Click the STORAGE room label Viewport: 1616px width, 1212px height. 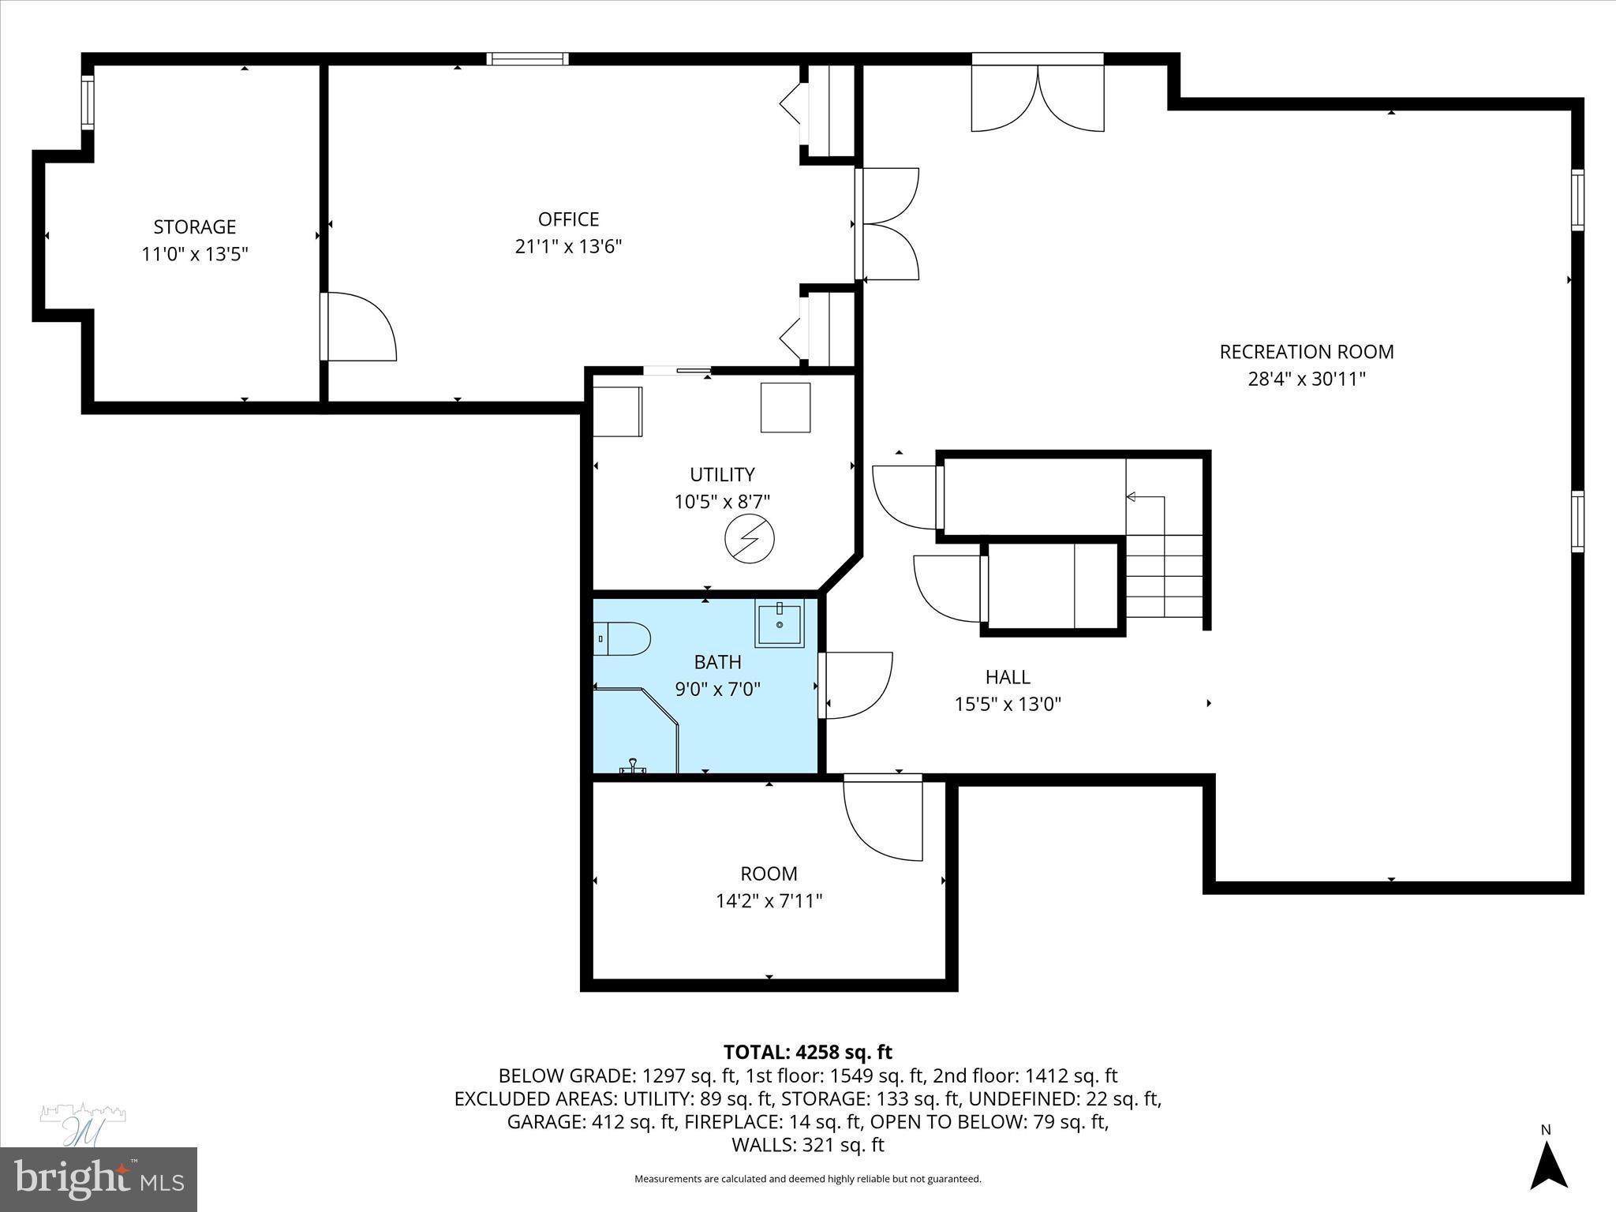coord(194,227)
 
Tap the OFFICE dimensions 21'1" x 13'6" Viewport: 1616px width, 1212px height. coord(568,247)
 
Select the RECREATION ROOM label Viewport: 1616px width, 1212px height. coord(1307,352)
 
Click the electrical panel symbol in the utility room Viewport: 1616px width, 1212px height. coord(749,539)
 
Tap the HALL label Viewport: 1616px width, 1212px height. coord(1008,677)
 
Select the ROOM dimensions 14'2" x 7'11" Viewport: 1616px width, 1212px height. coord(769,901)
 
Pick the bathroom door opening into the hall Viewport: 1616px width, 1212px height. coord(856,685)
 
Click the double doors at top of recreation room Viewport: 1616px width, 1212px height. coord(1037,95)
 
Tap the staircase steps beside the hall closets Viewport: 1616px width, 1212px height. coord(1163,576)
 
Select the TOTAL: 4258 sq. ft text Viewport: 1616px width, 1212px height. coord(807,1052)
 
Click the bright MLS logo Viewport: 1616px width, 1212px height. coord(98,1180)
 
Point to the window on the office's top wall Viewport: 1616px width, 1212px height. coord(527,58)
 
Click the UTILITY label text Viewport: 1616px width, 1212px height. coord(722,475)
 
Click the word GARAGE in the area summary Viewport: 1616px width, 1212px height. coord(545,1122)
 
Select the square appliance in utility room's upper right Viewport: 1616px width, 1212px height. coord(785,407)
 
